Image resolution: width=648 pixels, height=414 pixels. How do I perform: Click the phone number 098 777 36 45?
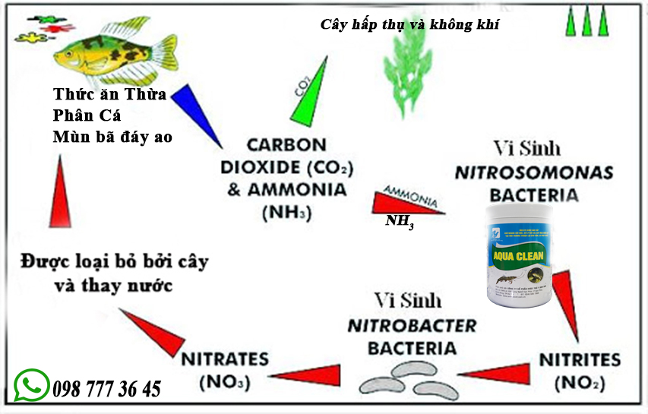(x=107, y=390)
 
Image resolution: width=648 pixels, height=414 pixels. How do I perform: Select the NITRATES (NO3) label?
(x=225, y=370)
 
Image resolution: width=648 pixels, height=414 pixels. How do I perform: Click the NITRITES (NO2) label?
(x=580, y=370)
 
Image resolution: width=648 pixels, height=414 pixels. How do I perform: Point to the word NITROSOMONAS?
(x=534, y=172)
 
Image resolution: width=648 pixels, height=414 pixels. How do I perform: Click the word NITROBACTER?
(x=412, y=327)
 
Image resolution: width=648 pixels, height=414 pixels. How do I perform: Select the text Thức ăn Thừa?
(x=109, y=95)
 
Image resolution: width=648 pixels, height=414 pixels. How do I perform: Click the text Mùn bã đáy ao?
(x=112, y=137)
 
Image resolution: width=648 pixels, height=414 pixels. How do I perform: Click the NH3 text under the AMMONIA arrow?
(x=400, y=221)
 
